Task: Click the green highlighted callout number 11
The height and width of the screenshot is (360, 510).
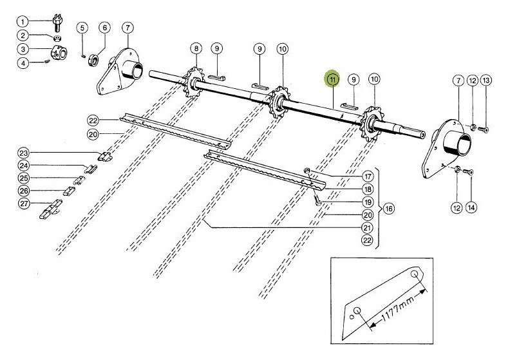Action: pyautogui.click(x=332, y=79)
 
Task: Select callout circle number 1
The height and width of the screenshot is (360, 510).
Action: pyautogui.click(x=23, y=22)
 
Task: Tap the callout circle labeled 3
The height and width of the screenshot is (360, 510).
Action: pyautogui.click(x=23, y=49)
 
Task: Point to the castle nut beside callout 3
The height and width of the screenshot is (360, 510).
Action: pyautogui.click(x=59, y=53)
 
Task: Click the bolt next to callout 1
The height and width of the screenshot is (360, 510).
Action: pyautogui.click(x=58, y=22)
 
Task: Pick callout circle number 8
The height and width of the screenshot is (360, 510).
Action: pyautogui.click(x=196, y=49)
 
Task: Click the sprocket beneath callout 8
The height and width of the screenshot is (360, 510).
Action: pyautogui.click(x=194, y=83)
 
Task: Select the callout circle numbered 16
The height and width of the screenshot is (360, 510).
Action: pyautogui.click(x=389, y=209)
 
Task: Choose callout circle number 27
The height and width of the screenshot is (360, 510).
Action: pyautogui.click(x=23, y=204)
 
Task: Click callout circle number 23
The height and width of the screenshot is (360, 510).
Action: pyautogui.click(x=23, y=153)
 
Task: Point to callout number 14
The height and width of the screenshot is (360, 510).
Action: pyautogui.click(x=471, y=207)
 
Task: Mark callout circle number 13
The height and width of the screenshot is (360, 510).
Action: pyautogui.click(x=486, y=81)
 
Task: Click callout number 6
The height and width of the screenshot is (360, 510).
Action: pyautogui.click(x=105, y=28)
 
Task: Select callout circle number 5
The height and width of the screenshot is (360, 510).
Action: pyautogui.click(x=82, y=28)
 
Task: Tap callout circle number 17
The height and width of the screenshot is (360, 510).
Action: pyautogui.click(x=368, y=176)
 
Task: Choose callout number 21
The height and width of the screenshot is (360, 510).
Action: pyautogui.click(x=368, y=227)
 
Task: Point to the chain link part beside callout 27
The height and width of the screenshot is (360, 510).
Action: pyautogui.click(x=50, y=209)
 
